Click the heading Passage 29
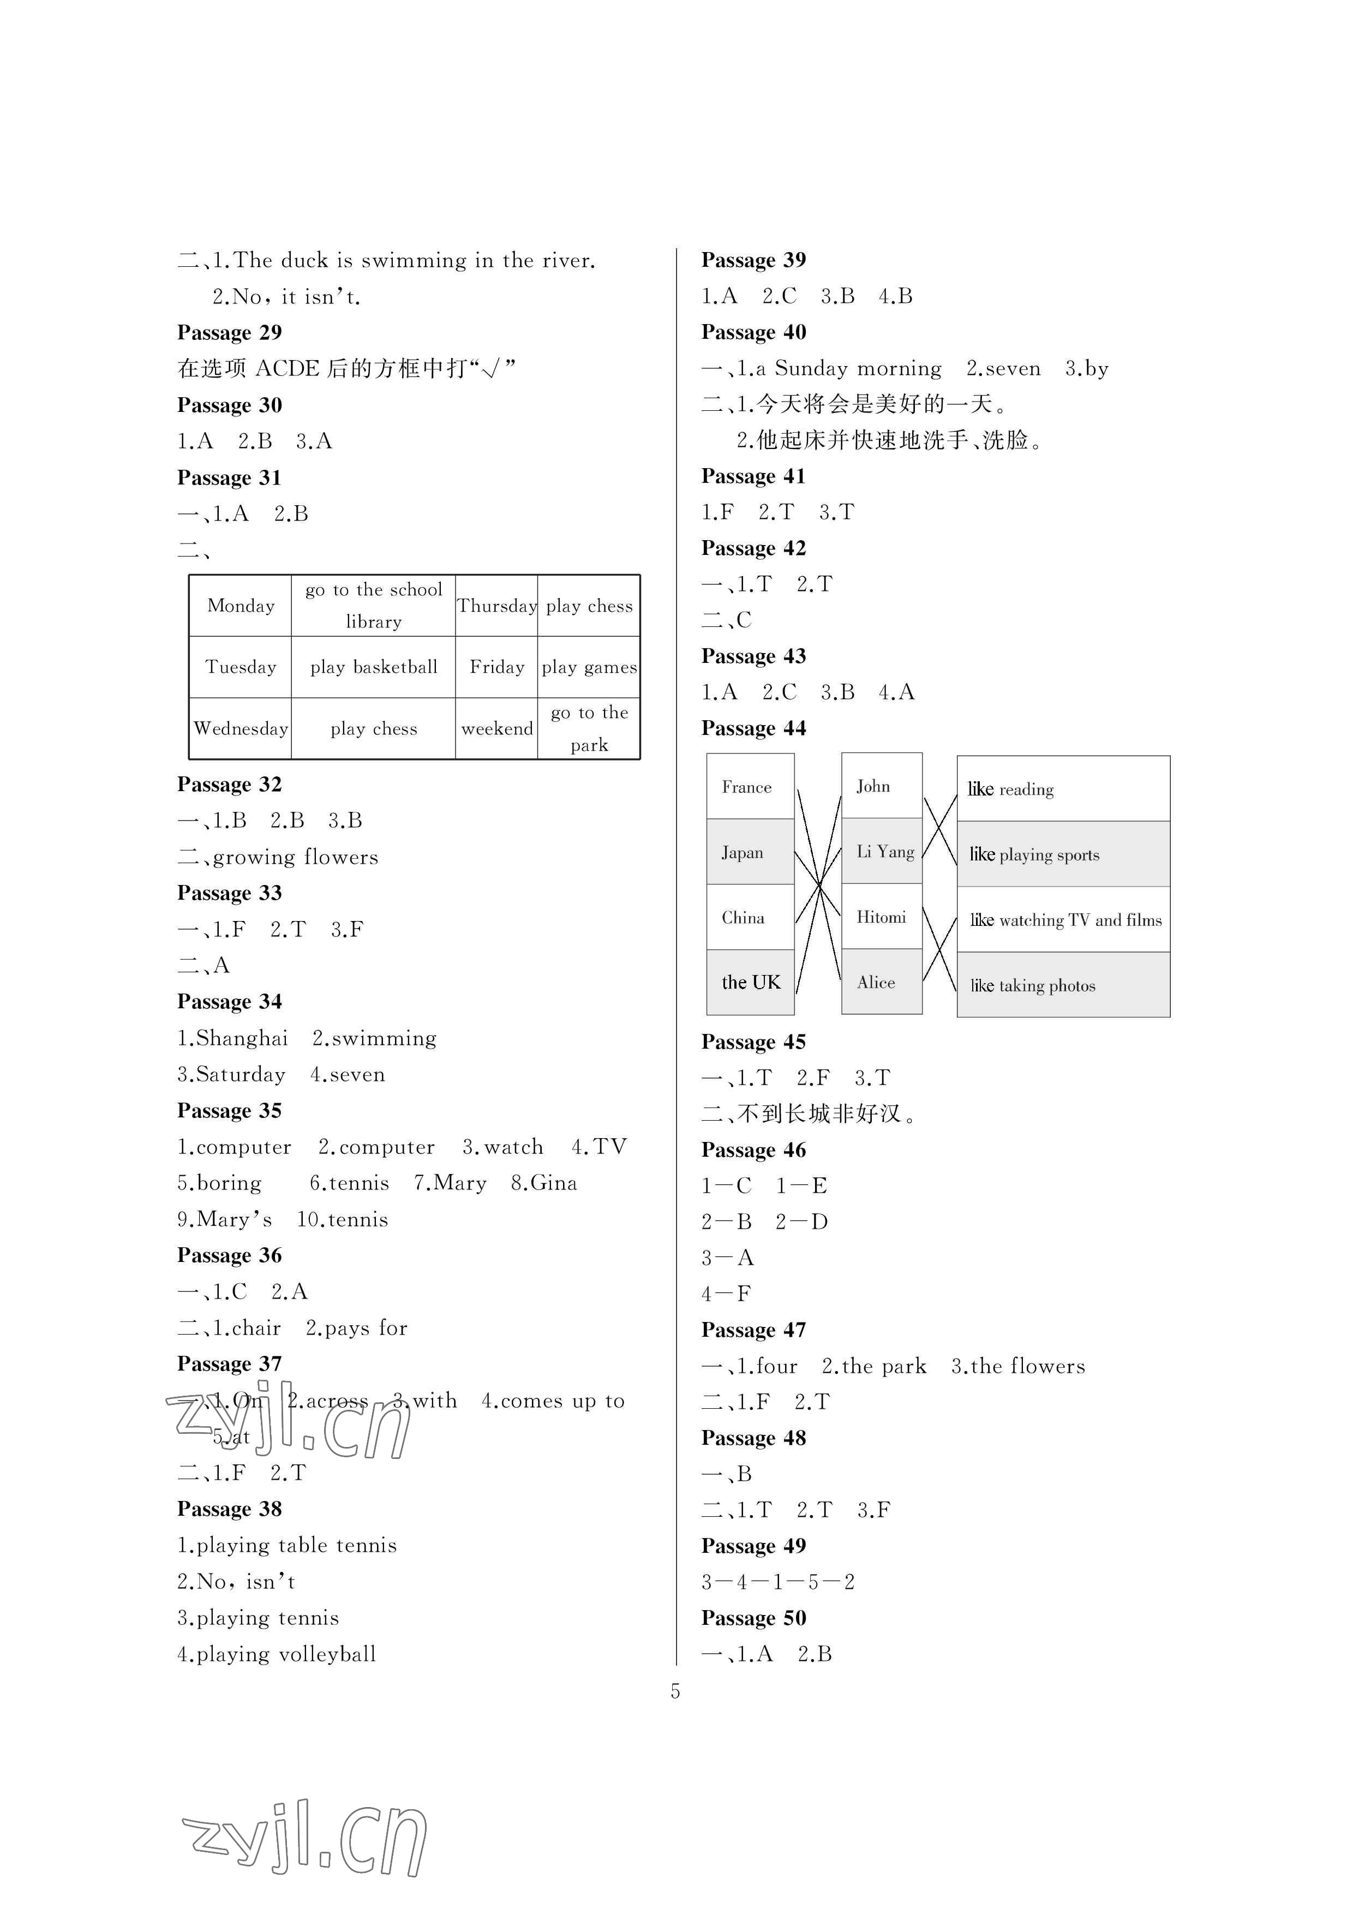(x=229, y=333)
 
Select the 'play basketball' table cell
(x=374, y=667)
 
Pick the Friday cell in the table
(x=497, y=667)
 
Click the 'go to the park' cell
(x=589, y=728)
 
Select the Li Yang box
(x=882, y=851)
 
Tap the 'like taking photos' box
(x=1063, y=985)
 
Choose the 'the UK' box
(x=750, y=983)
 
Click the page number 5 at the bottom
(x=675, y=1691)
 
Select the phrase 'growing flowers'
(x=295, y=858)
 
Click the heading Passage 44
(x=753, y=728)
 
